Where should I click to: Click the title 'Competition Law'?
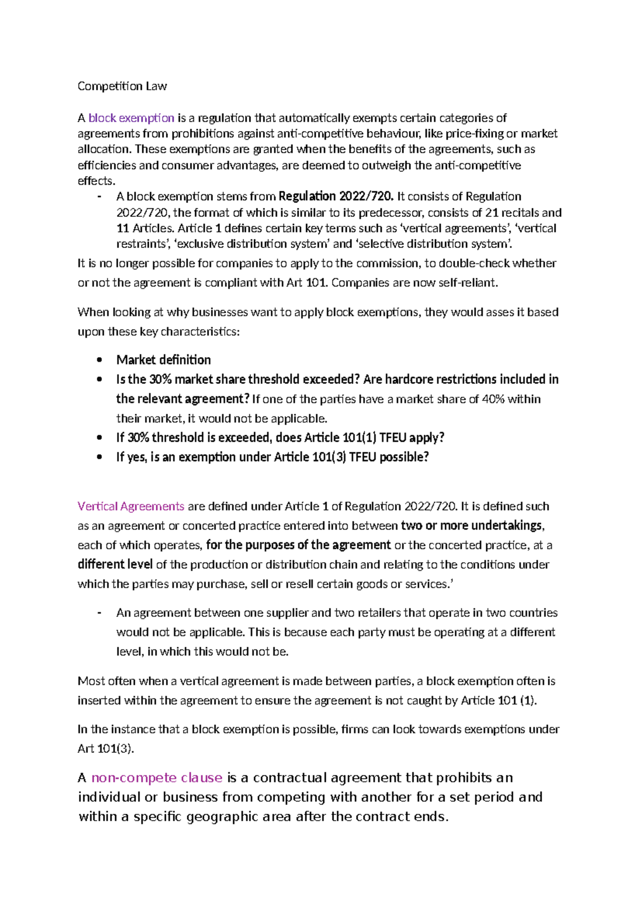122,86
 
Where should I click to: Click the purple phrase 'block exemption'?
131,118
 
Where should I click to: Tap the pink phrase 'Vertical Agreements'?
131,506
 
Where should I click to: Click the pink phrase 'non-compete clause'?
157,778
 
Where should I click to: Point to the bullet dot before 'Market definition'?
100,360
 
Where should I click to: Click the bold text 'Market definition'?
164,360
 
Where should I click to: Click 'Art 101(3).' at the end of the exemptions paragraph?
105,749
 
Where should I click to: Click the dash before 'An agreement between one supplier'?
100,613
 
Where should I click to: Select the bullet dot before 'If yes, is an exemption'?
100,458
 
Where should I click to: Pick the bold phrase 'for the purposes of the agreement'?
299,545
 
